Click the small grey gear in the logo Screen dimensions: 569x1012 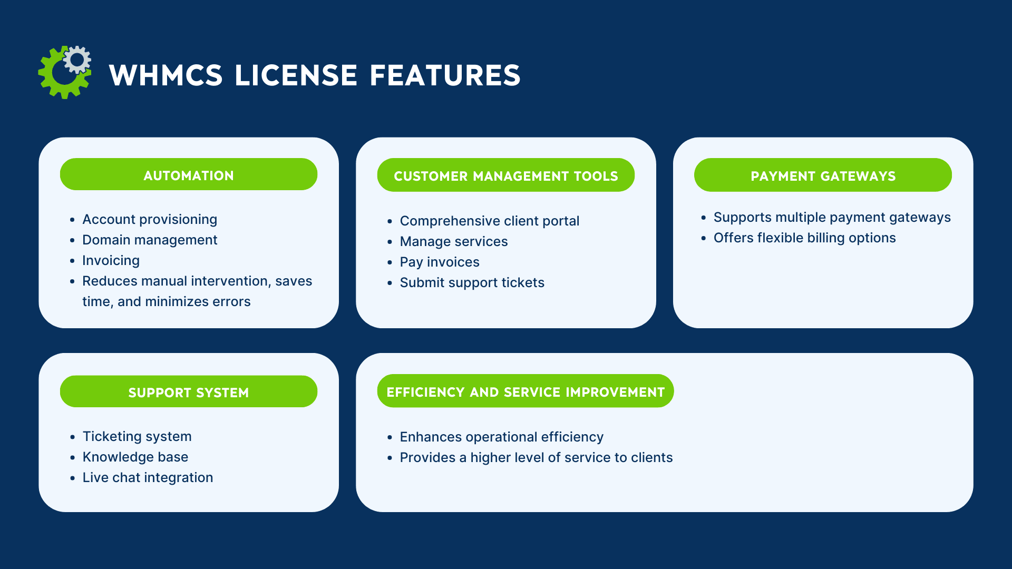coord(77,60)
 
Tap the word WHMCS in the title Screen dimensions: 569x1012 coord(166,75)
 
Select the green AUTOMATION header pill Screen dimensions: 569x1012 coord(189,175)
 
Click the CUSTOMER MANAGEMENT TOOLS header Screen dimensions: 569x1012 coord(505,175)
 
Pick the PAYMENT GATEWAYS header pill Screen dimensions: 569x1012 coord(823,175)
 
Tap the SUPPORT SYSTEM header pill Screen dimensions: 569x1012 coord(189,392)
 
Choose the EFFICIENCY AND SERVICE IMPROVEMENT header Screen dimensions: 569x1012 coord(525,391)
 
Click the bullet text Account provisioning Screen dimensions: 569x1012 coord(150,219)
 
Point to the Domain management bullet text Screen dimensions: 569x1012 coord(150,240)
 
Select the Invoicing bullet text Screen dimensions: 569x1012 coord(111,260)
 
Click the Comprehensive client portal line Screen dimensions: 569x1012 coord(489,221)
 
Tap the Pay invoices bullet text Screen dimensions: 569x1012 coord(440,262)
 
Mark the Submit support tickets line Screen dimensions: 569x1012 coord(472,282)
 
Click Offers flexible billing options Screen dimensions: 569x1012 coord(804,238)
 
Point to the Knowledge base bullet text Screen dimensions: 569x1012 coord(135,457)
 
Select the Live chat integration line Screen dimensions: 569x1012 coord(148,477)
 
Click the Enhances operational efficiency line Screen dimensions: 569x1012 coord(501,437)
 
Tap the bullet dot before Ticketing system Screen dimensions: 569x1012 coord(73,437)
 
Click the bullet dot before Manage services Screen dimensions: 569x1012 coord(390,242)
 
